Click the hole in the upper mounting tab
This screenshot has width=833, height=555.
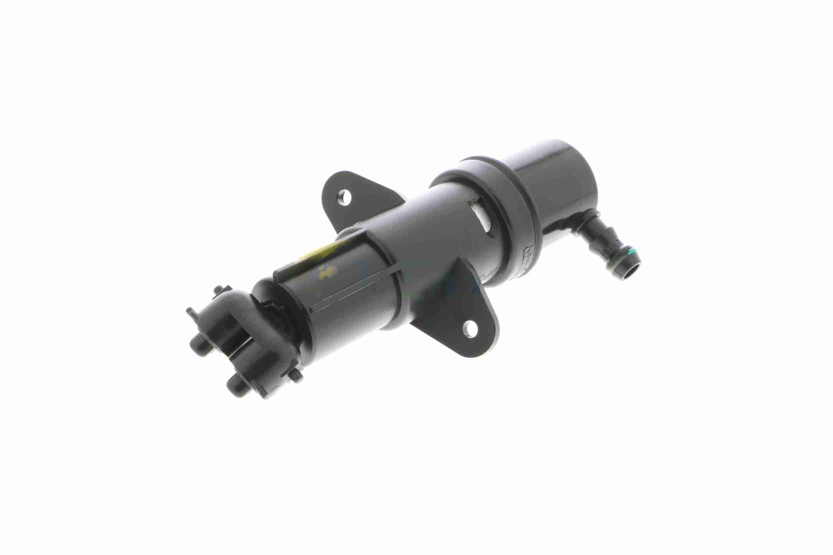point(344,197)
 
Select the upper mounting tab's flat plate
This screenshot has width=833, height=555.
point(358,202)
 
